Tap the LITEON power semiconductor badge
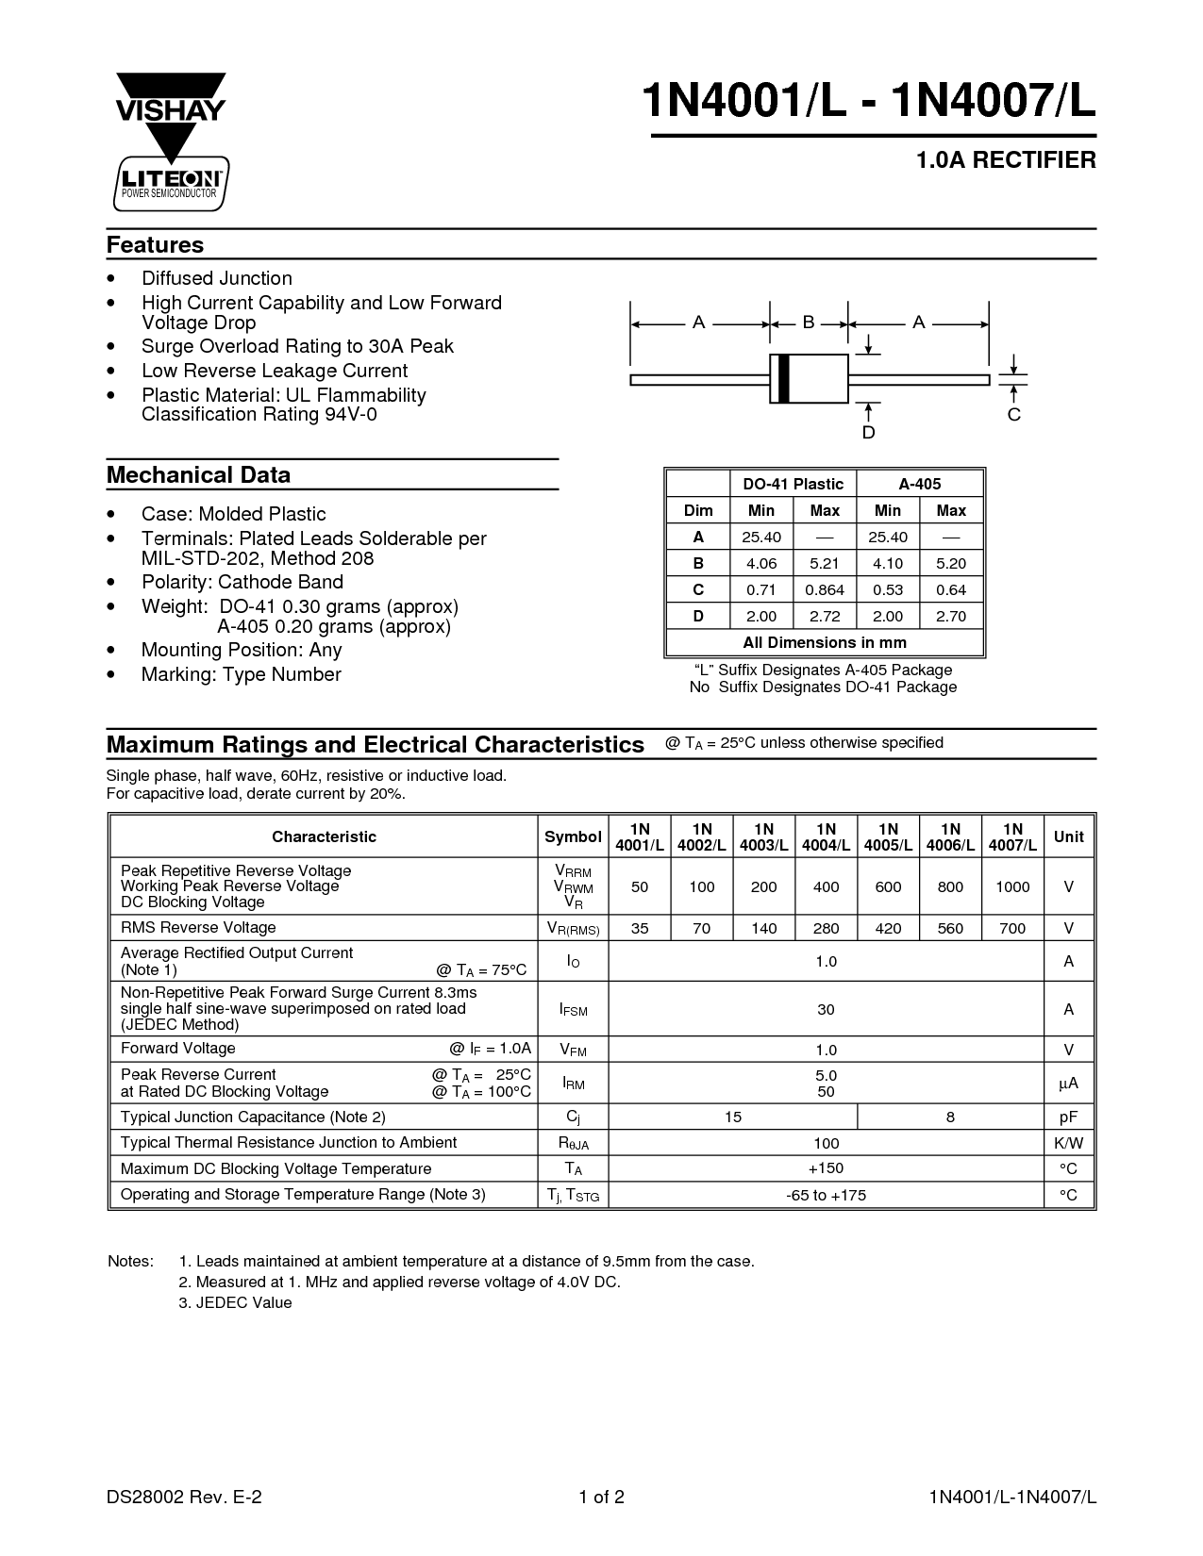click(x=171, y=182)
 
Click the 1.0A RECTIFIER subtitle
click(x=1006, y=160)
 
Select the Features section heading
click(x=155, y=245)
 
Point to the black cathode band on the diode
click(x=783, y=379)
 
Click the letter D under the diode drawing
click(x=869, y=433)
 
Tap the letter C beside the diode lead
click(x=1014, y=415)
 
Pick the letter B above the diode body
click(x=809, y=323)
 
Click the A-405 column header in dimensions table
click(x=919, y=484)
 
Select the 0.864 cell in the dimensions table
click(x=825, y=589)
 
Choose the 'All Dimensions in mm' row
click(x=825, y=642)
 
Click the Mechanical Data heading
click(x=198, y=475)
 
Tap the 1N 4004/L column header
click(x=826, y=837)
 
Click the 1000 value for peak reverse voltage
click(x=1012, y=886)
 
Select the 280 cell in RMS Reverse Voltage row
click(x=826, y=928)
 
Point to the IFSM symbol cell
click(x=573, y=1010)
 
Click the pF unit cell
click(x=1068, y=1117)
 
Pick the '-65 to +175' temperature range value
click(x=826, y=1196)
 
